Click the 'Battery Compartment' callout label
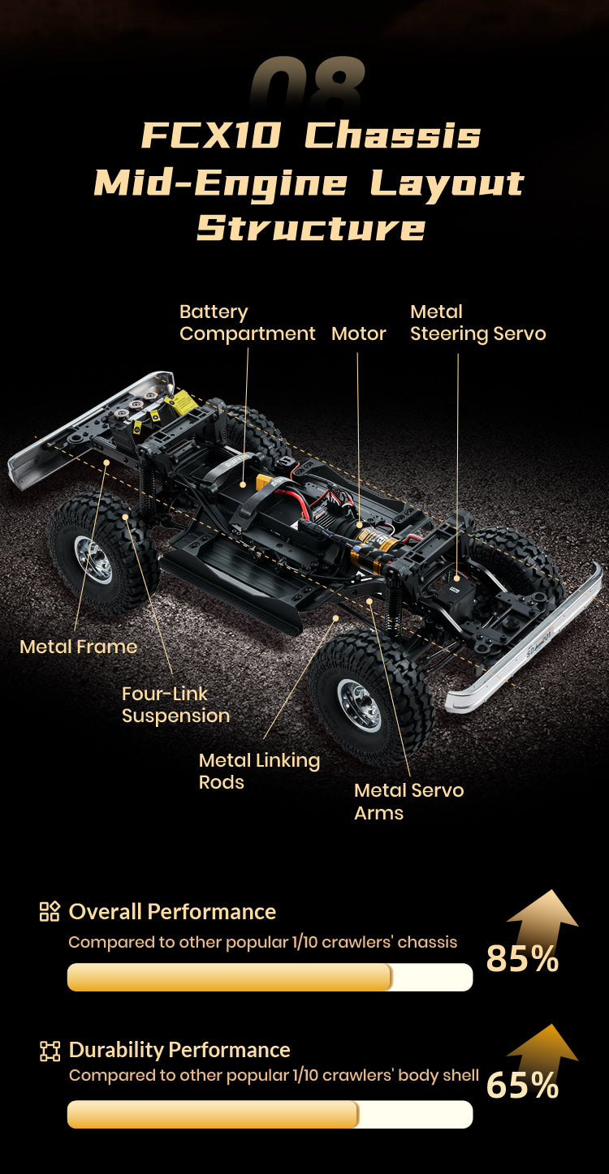click(x=247, y=323)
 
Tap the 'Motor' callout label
click(x=358, y=333)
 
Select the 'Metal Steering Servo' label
click(x=477, y=323)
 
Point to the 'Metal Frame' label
click(x=78, y=647)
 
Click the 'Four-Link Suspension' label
click(x=175, y=704)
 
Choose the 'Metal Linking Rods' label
click(x=259, y=771)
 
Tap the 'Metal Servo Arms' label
click(x=408, y=801)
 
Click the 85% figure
click(x=522, y=958)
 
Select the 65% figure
click(x=522, y=1086)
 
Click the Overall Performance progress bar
click(x=270, y=977)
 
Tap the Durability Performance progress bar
click(x=270, y=1114)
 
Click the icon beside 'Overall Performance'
click(x=50, y=911)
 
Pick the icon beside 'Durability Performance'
click(x=50, y=1051)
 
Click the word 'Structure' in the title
click(x=311, y=228)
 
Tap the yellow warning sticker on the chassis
click(x=181, y=401)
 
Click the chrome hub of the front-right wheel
click(x=359, y=703)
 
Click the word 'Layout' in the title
click(x=447, y=183)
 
